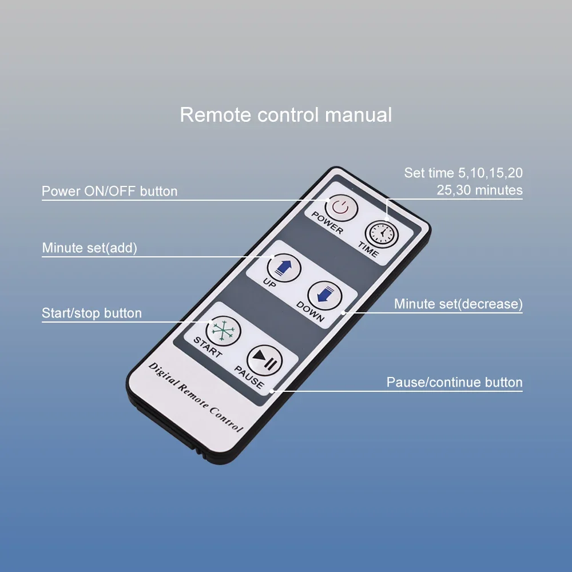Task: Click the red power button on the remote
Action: [341, 208]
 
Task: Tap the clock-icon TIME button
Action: [382, 234]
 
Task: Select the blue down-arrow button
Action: [325, 296]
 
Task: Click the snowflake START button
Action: [223, 331]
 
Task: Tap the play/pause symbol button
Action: [265, 360]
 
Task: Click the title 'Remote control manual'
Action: [286, 115]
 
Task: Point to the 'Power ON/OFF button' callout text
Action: [109, 191]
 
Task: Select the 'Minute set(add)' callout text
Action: [89, 248]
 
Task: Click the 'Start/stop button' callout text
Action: [92, 313]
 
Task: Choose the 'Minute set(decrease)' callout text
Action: [458, 304]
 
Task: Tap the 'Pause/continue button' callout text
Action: [455, 382]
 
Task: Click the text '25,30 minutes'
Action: [480, 190]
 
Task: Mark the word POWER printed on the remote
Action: [327, 223]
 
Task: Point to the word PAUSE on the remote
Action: [249, 377]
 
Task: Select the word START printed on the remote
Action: [208, 347]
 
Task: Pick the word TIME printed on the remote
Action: [368, 249]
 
